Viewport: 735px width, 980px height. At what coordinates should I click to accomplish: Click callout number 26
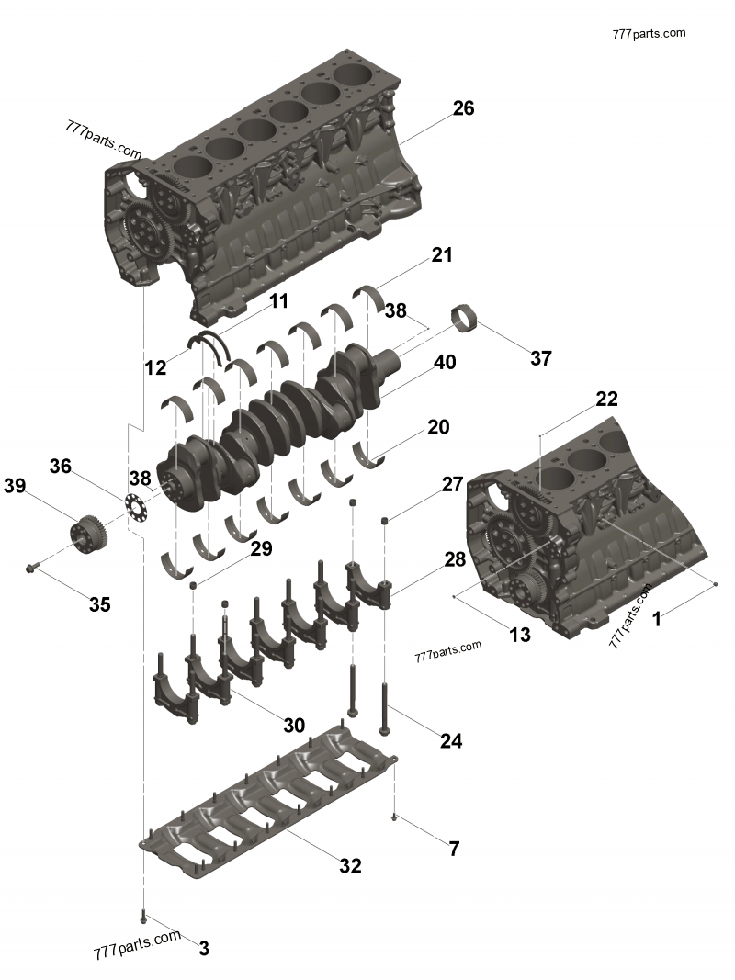(x=463, y=108)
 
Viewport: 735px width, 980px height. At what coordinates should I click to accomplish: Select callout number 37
(x=540, y=358)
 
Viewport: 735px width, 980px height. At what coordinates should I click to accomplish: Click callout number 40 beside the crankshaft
(x=445, y=363)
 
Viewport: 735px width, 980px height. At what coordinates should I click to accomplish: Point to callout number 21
(x=442, y=255)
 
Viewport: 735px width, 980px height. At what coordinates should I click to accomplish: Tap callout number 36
(x=61, y=467)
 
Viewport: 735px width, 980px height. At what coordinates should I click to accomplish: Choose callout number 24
(x=450, y=740)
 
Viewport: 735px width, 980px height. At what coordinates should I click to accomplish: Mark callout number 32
(x=350, y=865)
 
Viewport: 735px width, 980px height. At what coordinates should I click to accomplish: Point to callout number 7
(x=454, y=849)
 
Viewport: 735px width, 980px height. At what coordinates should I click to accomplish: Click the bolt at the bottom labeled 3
(x=144, y=916)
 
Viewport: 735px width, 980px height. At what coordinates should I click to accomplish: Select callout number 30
(x=294, y=725)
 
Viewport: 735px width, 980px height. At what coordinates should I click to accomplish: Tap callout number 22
(x=606, y=400)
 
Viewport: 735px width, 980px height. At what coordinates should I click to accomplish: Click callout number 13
(x=519, y=634)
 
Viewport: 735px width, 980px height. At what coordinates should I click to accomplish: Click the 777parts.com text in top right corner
(x=649, y=33)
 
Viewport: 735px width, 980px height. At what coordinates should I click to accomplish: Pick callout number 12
(x=155, y=368)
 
